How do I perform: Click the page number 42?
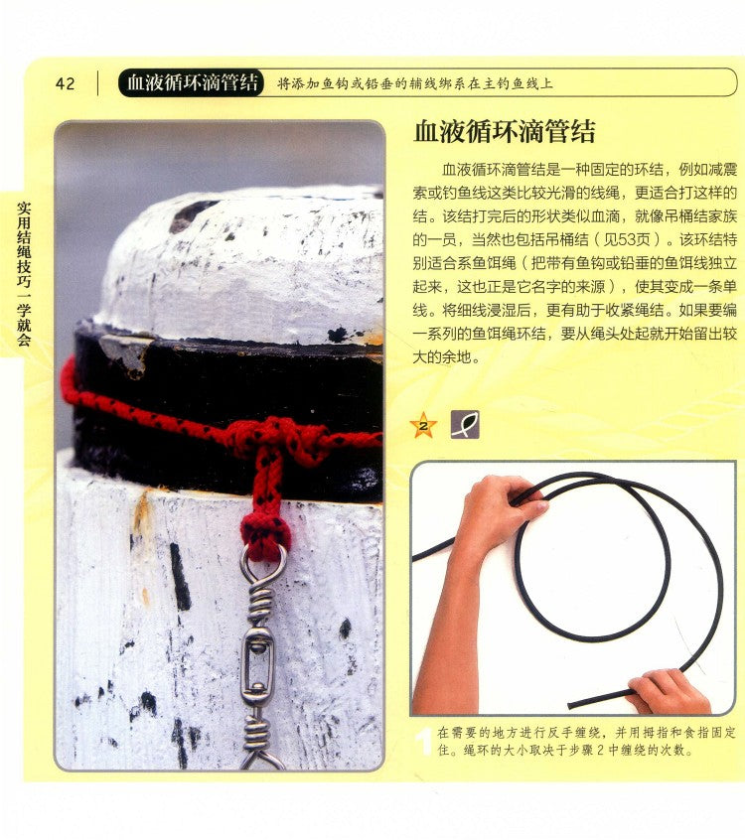tap(65, 83)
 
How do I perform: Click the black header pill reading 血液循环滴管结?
tap(192, 83)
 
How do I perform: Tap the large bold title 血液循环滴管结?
tap(505, 131)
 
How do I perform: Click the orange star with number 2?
tap(423, 425)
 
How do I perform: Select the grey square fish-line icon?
tap(465, 425)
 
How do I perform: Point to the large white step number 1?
tap(424, 741)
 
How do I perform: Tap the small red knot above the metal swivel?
tap(266, 533)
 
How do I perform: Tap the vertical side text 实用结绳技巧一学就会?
tap(24, 273)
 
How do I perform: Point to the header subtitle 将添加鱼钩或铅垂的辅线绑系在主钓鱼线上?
tap(415, 83)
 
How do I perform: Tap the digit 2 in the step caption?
tap(600, 750)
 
